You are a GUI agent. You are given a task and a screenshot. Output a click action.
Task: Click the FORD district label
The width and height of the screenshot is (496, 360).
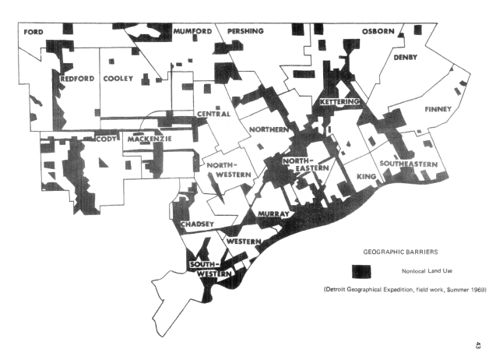[33, 31]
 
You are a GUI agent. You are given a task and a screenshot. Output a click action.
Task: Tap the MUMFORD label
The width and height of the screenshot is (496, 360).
[192, 31]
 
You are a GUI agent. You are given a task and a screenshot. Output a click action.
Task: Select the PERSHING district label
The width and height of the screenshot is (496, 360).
[246, 31]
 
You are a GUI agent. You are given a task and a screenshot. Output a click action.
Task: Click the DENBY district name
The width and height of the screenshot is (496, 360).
[406, 57]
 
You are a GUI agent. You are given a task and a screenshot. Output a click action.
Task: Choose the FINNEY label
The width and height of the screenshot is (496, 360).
[438, 109]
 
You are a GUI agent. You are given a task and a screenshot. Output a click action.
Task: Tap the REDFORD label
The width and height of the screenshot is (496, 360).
[78, 79]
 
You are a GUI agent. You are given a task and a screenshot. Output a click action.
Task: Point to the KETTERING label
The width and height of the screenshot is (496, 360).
[339, 102]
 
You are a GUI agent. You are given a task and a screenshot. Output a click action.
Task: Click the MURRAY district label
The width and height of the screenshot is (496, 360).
[273, 214]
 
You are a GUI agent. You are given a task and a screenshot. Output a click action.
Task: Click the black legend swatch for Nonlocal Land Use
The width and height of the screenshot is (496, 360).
[361, 270]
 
